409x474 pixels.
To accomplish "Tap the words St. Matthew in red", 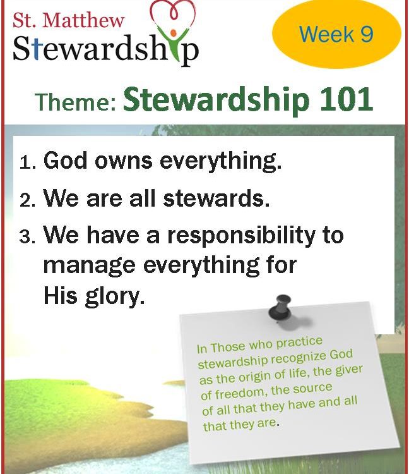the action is point(68,20).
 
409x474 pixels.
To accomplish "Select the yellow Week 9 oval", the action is point(336,35).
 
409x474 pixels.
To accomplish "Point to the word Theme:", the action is point(76,102).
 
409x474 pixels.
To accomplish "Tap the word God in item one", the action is point(66,160).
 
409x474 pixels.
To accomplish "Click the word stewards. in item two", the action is point(216,198).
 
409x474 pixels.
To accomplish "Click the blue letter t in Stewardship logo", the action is point(36,49).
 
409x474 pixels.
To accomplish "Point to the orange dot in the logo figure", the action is point(173,32).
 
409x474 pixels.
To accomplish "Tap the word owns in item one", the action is point(124,161).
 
